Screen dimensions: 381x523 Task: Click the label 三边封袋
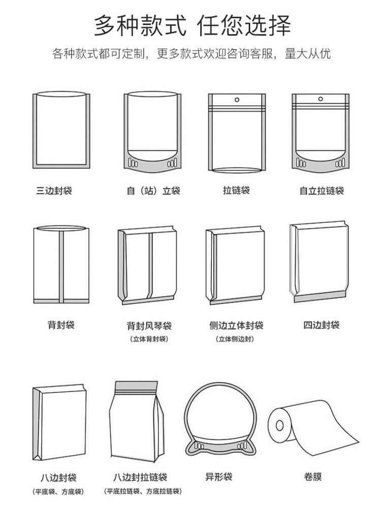pos(54,191)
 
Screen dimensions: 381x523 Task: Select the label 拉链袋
pos(236,190)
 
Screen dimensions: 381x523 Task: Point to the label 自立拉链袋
pos(322,191)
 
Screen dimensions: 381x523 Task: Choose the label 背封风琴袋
pos(149,325)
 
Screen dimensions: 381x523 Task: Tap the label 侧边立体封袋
pos(236,325)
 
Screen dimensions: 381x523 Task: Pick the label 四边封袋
pos(322,324)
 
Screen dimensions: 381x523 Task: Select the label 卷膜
pos(313,477)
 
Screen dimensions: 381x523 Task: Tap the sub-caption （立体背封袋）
pos(149,339)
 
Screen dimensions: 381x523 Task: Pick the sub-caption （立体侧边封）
pos(236,339)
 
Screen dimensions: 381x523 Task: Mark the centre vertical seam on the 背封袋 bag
pos(61,267)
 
